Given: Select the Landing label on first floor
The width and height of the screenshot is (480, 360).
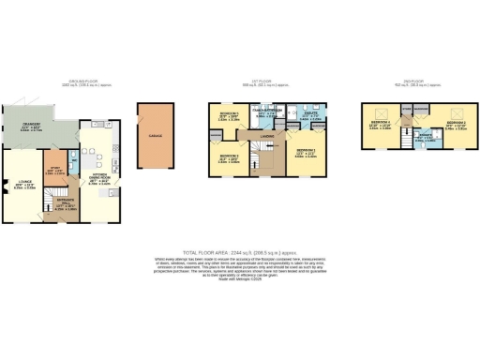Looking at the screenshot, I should coord(266,137).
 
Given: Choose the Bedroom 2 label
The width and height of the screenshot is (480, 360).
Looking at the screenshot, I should coord(457,123).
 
